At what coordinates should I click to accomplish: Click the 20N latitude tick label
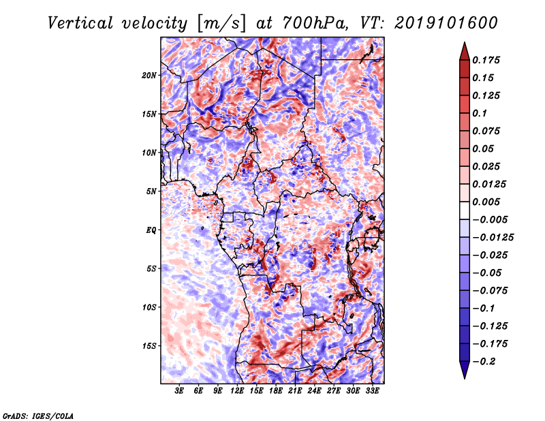pyautogui.click(x=149, y=75)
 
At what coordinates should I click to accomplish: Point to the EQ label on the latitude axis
pyautogui.click(x=152, y=230)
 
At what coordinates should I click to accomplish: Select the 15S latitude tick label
pyautogui.click(x=149, y=346)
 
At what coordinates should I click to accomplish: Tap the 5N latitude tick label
pyautogui.click(x=151, y=191)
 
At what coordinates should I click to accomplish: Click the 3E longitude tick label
pyautogui.click(x=179, y=391)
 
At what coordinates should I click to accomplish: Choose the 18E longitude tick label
pyautogui.click(x=276, y=391)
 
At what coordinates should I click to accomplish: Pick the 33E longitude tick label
pyautogui.click(x=372, y=391)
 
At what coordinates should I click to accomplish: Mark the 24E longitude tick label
pyautogui.click(x=314, y=391)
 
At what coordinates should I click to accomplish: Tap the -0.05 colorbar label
pyautogui.click(x=489, y=272)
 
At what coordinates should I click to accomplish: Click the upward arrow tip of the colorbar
pyautogui.click(x=464, y=44)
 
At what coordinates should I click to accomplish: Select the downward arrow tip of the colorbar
pyautogui.click(x=464, y=377)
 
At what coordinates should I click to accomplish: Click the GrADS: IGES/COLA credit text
pyautogui.click(x=37, y=415)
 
